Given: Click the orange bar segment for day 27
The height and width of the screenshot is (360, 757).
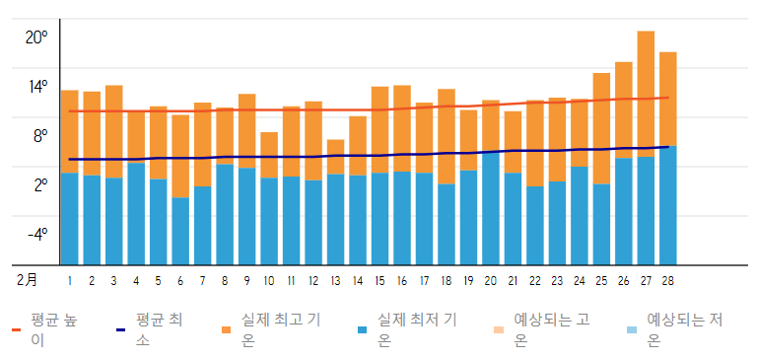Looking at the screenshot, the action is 646,94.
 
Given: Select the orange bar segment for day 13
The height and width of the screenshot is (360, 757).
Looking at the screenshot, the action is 335,157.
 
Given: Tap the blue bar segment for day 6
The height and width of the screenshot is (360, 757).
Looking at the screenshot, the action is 180,231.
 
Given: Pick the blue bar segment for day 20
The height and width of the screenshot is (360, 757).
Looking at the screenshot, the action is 491,209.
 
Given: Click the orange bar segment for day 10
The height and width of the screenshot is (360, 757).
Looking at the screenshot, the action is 269,155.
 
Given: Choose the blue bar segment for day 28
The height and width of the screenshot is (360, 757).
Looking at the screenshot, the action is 668,205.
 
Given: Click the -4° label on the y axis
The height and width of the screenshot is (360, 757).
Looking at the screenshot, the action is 37,235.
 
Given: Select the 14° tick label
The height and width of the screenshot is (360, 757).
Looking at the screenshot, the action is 37,87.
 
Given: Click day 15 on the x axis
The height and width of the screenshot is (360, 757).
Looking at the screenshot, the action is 379,281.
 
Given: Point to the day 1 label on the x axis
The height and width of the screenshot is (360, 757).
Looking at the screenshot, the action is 70,281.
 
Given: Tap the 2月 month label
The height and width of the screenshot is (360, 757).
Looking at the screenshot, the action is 27,281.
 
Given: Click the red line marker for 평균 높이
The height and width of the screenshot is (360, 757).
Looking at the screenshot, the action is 16,330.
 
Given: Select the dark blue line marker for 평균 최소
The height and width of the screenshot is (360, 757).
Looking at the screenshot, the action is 120,330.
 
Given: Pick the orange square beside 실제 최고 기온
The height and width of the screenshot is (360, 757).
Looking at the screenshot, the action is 227,330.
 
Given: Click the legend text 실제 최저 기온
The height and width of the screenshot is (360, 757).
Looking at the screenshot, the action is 418,330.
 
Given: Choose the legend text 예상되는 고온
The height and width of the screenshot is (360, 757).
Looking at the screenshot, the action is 552,330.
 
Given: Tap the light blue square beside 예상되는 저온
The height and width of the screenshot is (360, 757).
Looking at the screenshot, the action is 631,330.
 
